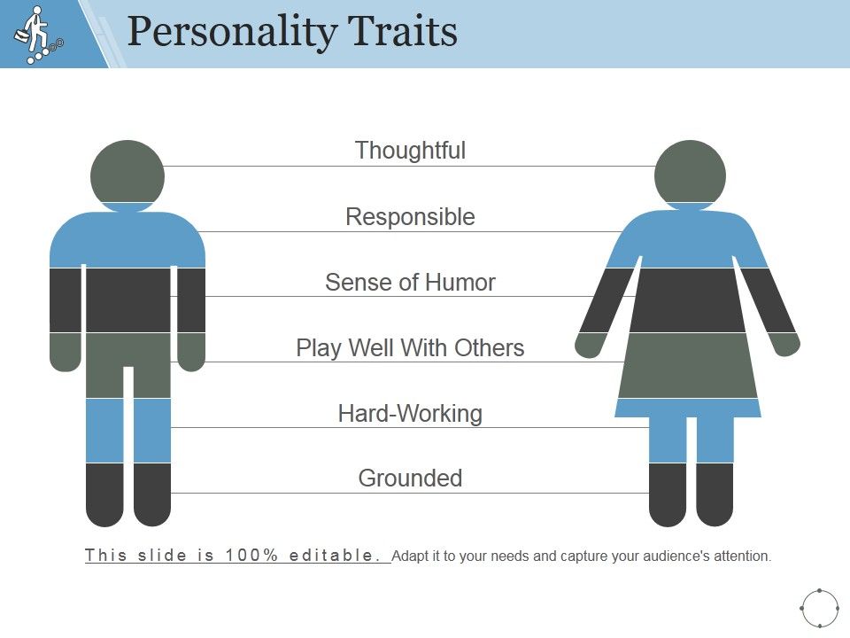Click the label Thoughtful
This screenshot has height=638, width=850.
click(x=410, y=151)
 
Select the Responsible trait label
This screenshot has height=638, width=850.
click(x=410, y=217)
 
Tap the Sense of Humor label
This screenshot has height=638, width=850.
click(x=410, y=283)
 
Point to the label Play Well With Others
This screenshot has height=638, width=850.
click(x=410, y=348)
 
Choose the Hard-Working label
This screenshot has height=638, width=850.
click(x=410, y=414)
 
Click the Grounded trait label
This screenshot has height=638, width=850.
click(x=410, y=478)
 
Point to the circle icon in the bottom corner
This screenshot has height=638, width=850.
click(x=819, y=608)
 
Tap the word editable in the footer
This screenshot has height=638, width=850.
click(x=336, y=556)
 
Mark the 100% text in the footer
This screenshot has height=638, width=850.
click(x=253, y=556)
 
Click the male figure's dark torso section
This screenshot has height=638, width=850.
click(x=127, y=300)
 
